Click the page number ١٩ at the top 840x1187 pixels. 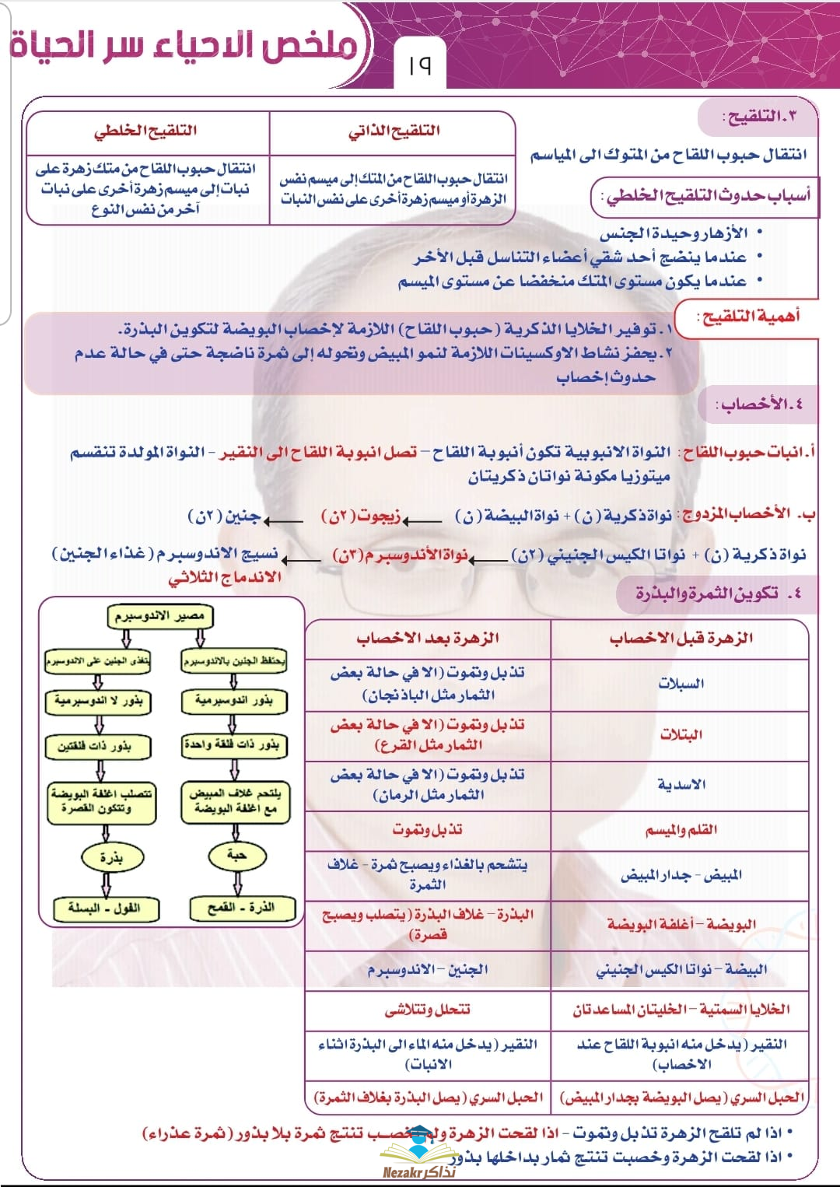click(419, 65)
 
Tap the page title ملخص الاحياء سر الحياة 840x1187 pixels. click(184, 44)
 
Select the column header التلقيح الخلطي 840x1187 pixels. click(145, 131)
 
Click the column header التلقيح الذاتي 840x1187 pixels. click(394, 131)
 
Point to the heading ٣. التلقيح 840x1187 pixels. click(759, 117)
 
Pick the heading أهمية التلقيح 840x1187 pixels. click(749, 317)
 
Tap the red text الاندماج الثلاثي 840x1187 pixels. click(225, 578)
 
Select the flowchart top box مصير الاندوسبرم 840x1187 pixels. click(159, 616)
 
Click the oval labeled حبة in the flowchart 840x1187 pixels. click(236, 856)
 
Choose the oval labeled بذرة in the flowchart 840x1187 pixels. click(110, 857)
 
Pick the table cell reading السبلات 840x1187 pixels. click(681, 684)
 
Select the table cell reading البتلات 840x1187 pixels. click(681, 734)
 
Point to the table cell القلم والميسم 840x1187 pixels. click(681, 830)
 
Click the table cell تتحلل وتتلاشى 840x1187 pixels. click(427, 1009)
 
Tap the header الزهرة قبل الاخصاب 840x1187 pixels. click(681, 639)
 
